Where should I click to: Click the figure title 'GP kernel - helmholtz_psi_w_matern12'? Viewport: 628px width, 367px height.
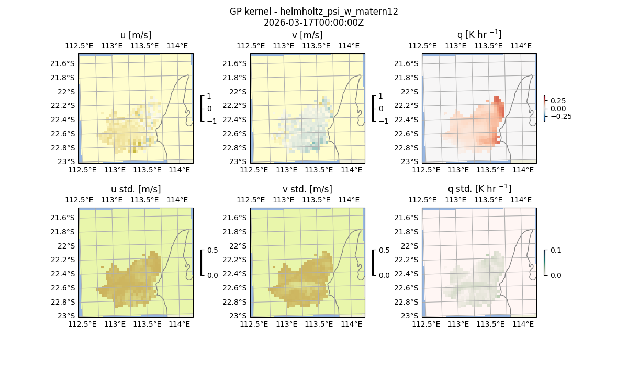click(x=313, y=12)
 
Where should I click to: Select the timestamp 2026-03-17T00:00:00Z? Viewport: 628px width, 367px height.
click(x=313, y=23)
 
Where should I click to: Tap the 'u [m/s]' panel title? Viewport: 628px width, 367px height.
click(x=136, y=35)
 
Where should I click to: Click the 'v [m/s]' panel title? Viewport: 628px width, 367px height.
click(x=307, y=35)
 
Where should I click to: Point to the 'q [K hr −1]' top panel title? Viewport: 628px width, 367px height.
click(x=479, y=35)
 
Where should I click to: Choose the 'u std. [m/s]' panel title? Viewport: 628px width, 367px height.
click(x=136, y=189)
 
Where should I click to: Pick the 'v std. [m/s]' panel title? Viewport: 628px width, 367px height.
click(x=307, y=189)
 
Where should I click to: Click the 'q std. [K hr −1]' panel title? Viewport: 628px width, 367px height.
click(x=479, y=189)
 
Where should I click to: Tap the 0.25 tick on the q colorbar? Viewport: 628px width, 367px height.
click(x=557, y=101)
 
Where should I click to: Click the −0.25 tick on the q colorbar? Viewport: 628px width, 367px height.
click(x=560, y=116)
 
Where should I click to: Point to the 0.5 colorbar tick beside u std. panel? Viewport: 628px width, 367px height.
click(x=212, y=250)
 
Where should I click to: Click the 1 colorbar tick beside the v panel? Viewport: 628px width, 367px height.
click(x=381, y=96)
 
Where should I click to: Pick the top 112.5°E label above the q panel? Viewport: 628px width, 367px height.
click(x=422, y=46)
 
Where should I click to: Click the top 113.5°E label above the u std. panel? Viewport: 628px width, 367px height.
click(x=144, y=200)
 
